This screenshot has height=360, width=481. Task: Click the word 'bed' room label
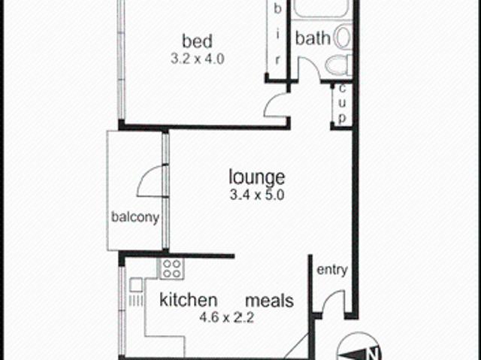(x=197, y=40)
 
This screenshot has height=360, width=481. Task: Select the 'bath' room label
(x=312, y=38)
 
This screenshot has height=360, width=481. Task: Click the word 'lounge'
(x=257, y=177)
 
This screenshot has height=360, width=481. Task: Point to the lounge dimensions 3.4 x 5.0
(x=257, y=195)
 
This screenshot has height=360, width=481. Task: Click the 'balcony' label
(x=135, y=218)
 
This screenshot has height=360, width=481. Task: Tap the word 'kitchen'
(x=189, y=300)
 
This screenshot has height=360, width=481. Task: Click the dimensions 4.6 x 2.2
(x=228, y=316)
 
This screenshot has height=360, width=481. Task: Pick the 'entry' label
(x=332, y=270)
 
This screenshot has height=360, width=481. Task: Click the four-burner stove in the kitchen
(x=171, y=268)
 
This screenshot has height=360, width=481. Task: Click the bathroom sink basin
(x=343, y=37)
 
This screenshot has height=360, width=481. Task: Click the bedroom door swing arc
(x=275, y=104)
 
